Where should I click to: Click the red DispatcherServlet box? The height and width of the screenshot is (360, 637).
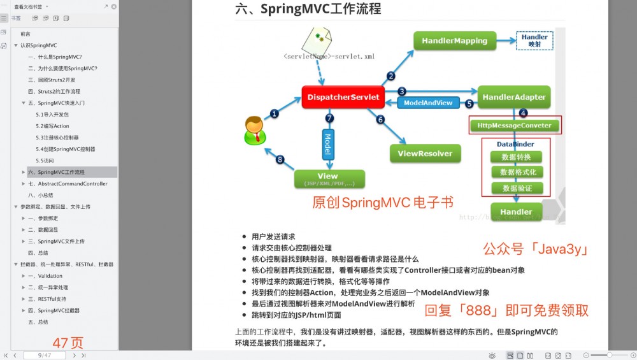coord(343,97)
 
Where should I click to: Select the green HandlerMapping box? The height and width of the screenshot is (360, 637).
coord(454,41)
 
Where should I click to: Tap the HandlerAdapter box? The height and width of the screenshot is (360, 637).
coord(513,97)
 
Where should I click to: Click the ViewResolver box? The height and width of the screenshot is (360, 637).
coord(425,154)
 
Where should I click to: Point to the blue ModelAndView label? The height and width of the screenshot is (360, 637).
coord(428,103)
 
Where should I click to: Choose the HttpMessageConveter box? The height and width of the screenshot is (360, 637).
coord(515,126)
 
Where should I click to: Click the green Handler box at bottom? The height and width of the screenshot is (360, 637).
coord(516,212)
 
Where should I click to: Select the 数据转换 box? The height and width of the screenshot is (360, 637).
coord(516,157)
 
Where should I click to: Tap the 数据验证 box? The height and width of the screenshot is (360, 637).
coord(516,188)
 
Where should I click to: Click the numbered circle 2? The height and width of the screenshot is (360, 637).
coord(390,76)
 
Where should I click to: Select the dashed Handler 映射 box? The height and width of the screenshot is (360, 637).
coord(534,41)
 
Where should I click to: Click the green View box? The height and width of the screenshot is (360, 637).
coord(329,178)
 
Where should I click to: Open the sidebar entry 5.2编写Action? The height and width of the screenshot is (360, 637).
coord(53,126)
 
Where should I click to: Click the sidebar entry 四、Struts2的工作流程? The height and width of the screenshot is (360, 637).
coord(54,91)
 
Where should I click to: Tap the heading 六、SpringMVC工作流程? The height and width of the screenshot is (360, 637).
coord(308,9)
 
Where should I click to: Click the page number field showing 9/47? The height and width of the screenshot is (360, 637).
coord(45,355)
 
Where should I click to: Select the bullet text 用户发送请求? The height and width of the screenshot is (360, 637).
coord(273,236)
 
